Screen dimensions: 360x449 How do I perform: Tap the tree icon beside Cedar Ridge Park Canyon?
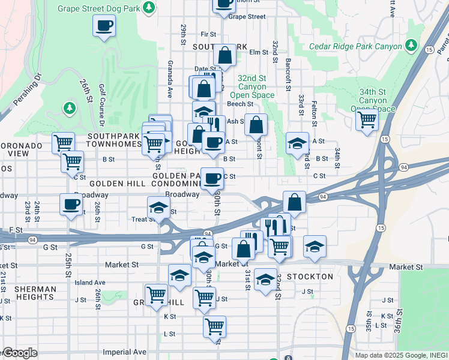coord(411,46)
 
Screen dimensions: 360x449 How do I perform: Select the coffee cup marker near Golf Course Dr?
coord(104,26)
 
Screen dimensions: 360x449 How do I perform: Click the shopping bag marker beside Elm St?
coord(224,56)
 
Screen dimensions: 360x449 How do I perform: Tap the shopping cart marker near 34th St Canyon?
coord(366,119)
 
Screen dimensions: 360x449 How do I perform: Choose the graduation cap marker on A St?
coord(297,143)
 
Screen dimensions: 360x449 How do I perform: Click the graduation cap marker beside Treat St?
coord(158,208)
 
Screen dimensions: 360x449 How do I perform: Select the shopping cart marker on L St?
coord(214,326)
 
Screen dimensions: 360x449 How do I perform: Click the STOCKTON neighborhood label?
coord(310,277)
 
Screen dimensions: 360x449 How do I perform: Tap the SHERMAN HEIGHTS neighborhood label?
coord(35,293)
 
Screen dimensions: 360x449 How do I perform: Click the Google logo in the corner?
coord(19,353)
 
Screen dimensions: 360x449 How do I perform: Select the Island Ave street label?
coord(90,283)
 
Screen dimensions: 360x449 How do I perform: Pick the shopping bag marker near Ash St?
coord(256,125)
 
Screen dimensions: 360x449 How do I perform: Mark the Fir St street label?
coord(208,35)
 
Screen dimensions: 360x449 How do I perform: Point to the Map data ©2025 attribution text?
coord(401,355)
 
